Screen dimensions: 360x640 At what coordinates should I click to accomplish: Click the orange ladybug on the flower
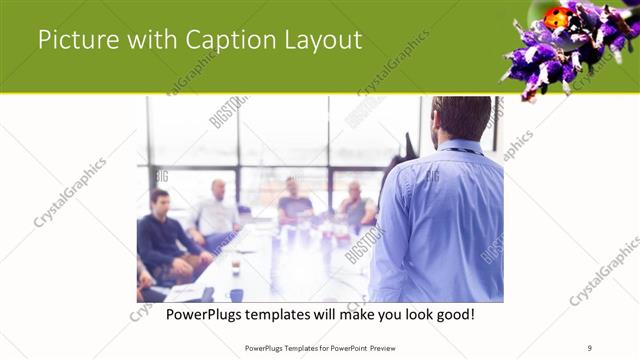point(556,18)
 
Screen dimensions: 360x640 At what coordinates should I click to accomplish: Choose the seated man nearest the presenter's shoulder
point(355,205)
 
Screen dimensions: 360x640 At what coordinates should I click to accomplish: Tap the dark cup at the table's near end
point(236,294)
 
